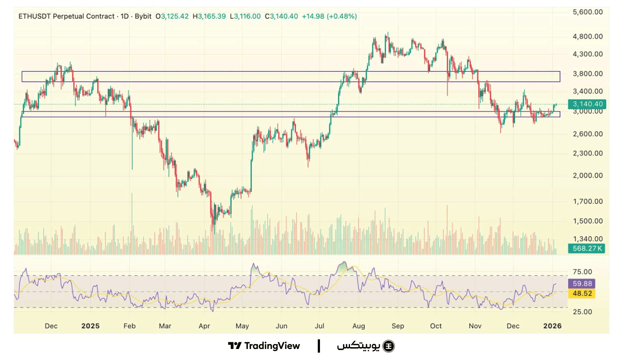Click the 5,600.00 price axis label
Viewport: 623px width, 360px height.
tap(588, 12)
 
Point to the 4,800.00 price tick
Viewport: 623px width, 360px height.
tap(588, 37)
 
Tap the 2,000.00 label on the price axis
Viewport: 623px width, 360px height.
tap(588, 176)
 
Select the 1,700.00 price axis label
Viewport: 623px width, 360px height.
tap(588, 201)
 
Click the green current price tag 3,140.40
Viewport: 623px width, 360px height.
tap(587, 104)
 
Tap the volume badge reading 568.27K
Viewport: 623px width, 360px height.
tap(587, 249)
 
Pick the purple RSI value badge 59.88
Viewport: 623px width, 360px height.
tap(582, 284)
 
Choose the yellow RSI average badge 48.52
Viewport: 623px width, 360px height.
tap(582, 294)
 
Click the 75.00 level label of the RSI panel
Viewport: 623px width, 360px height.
tap(582, 272)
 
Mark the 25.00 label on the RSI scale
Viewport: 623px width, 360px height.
tap(582, 312)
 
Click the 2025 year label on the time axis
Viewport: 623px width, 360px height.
tap(90, 326)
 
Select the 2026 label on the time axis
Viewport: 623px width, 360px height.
tap(552, 326)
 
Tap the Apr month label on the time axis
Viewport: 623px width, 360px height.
tap(204, 326)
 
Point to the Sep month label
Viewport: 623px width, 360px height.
tap(397, 326)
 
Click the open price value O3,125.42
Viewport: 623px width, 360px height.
tap(172, 17)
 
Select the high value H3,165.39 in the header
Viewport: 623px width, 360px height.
tap(209, 17)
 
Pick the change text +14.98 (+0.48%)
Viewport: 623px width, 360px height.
tap(329, 17)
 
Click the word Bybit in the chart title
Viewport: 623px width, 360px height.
tap(143, 17)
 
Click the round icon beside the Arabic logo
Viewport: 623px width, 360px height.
tap(389, 346)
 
